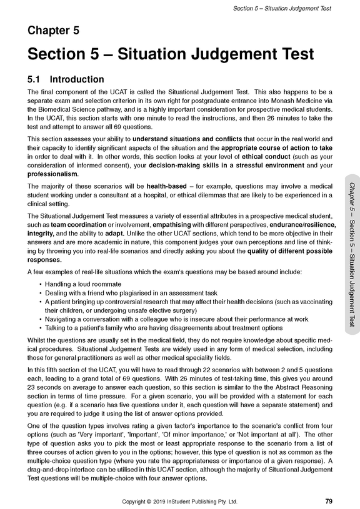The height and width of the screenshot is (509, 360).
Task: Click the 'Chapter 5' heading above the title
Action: pyautogui.click(x=53, y=30)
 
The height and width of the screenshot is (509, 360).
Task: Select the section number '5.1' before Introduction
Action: pyautogui.click(x=35, y=80)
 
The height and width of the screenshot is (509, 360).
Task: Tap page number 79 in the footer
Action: pyautogui.click(x=329, y=501)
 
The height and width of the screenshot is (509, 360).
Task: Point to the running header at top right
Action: pyautogui.click(x=282, y=8)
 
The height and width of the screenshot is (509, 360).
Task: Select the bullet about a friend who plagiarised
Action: pyautogui.click(x=125, y=294)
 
